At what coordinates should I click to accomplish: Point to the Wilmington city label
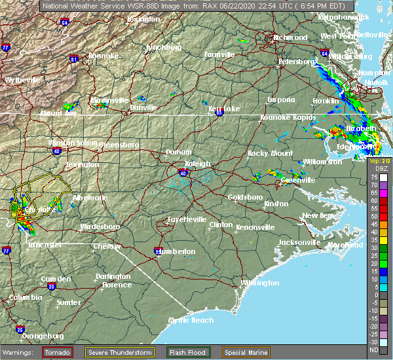coord(260,283)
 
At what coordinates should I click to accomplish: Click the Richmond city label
coord(290,37)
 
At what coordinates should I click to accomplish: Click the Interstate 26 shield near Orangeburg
coord(20,329)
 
